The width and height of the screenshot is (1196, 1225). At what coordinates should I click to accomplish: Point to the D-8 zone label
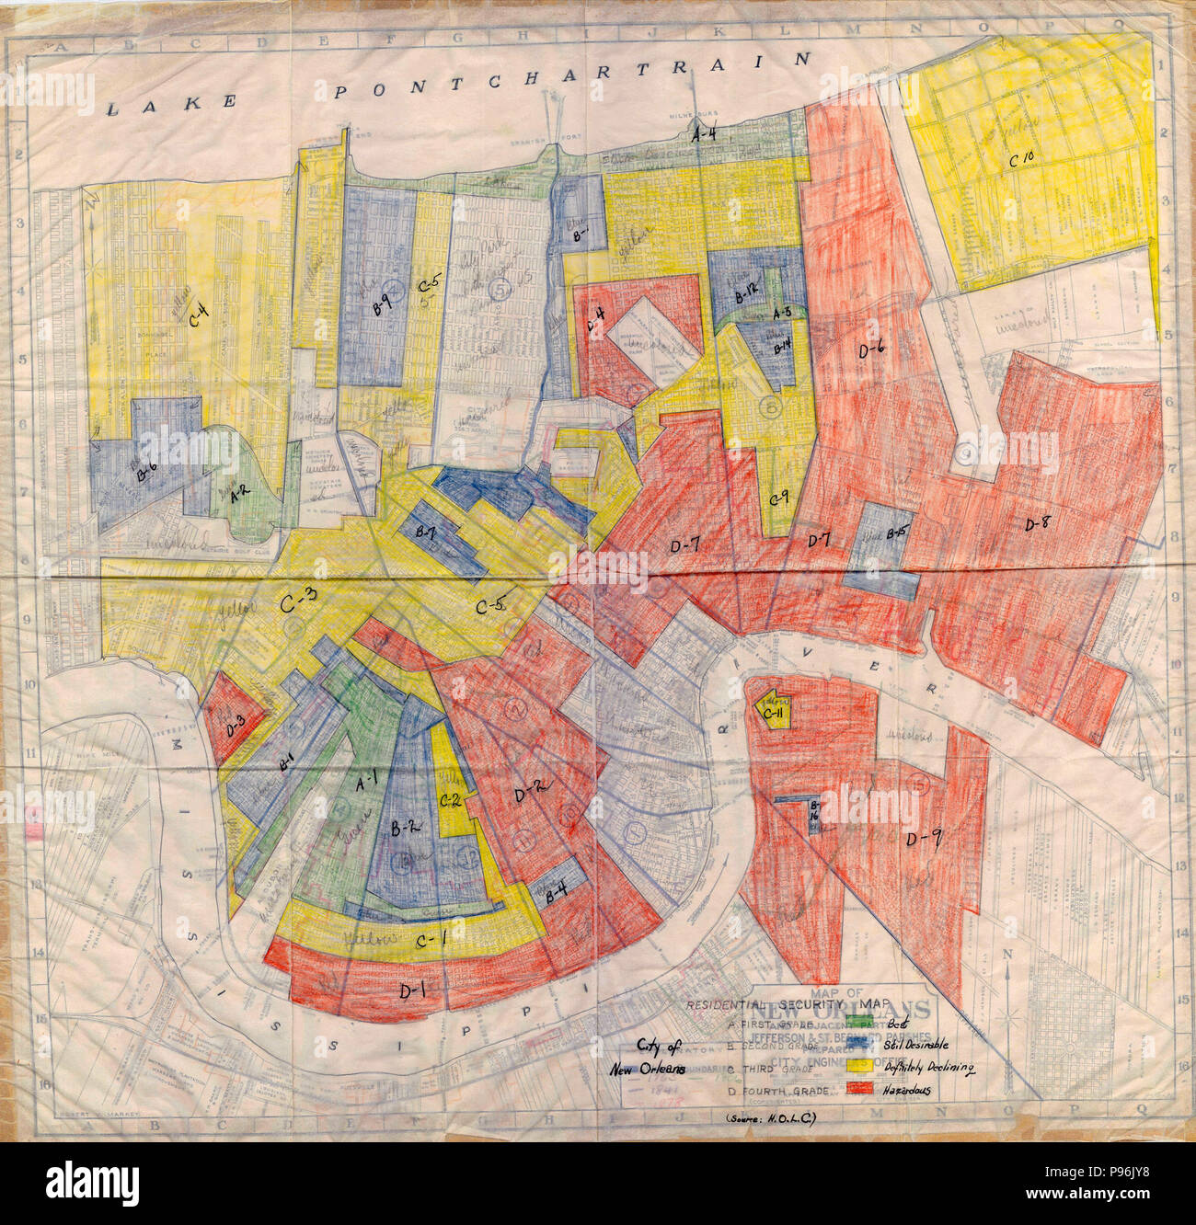point(1042,524)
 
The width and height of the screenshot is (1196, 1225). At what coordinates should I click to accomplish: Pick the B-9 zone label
point(380,303)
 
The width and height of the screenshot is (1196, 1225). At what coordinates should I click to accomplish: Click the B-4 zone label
point(555,891)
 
